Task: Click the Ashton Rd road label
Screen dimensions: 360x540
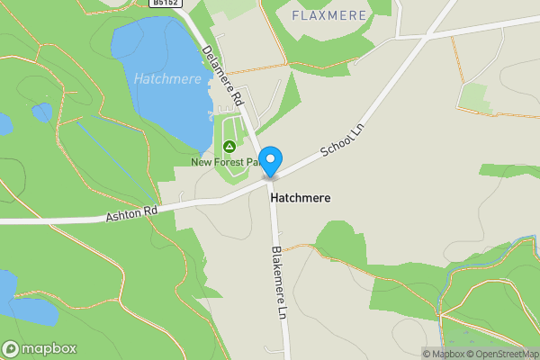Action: point(131,212)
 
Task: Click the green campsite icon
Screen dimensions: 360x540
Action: point(229,147)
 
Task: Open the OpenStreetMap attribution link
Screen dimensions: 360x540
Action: point(507,354)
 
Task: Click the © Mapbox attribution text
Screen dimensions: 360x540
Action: point(446,354)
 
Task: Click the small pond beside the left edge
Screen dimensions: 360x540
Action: point(41,112)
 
